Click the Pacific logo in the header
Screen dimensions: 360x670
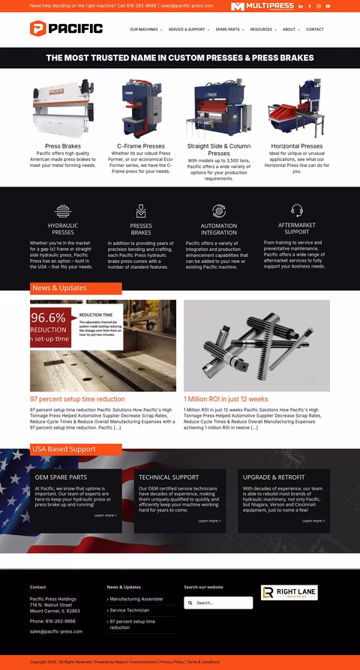(x=66, y=29)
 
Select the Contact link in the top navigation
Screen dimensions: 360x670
(x=315, y=29)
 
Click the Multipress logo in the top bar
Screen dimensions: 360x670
(x=262, y=6)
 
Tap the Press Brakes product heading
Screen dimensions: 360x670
(x=63, y=146)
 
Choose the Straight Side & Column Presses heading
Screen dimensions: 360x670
(x=219, y=150)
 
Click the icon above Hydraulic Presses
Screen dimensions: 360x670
(x=63, y=211)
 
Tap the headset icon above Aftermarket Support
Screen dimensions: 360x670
(x=297, y=211)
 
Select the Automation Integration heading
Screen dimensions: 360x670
(x=219, y=229)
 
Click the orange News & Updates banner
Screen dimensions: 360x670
(x=75, y=288)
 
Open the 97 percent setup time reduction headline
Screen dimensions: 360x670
(x=77, y=399)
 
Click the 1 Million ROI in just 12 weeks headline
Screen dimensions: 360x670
(x=226, y=399)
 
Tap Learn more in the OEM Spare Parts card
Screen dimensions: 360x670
(x=105, y=516)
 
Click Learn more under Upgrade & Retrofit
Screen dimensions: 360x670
(x=313, y=521)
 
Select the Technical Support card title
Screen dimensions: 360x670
(x=169, y=477)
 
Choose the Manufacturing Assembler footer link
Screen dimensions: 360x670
(x=136, y=599)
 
